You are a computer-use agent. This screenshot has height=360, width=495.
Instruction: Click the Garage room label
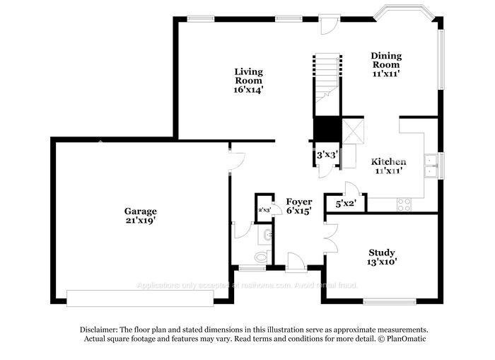[140, 211]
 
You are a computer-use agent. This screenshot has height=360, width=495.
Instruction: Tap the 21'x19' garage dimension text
[140, 221]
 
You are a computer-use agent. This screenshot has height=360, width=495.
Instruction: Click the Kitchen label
[389, 161]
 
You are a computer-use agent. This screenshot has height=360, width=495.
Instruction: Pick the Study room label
[382, 252]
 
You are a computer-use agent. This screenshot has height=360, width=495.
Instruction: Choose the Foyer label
[299, 202]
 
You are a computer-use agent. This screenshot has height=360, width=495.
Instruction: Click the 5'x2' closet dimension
[345, 204]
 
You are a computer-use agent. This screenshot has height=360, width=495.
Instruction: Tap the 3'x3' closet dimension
[327, 154]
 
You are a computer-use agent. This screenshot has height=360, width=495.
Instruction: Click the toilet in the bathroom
[262, 256]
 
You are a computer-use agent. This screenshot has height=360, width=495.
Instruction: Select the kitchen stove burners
[404, 204]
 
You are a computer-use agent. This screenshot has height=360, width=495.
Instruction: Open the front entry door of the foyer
[296, 262]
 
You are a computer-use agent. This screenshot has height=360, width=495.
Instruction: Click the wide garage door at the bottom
[140, 298]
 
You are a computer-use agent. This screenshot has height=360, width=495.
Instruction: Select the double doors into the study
[330, 237]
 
